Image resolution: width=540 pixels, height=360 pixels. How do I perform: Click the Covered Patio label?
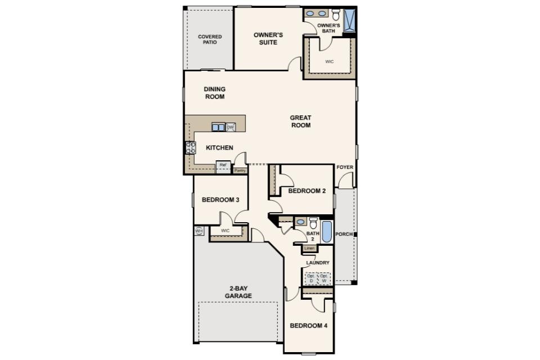click(210, 39)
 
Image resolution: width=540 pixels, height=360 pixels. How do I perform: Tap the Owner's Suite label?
click(268, 39)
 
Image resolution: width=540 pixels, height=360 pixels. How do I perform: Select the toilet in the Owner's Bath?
click(336, 15)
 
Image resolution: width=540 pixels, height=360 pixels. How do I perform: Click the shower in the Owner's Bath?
click(349, 21)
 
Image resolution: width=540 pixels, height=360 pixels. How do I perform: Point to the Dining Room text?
click(214, 93)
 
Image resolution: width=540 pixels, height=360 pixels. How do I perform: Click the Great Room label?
click(300, 121)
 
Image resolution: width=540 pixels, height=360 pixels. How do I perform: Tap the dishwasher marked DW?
click(231, 128)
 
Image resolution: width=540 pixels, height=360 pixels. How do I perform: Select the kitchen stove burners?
click(191, 148)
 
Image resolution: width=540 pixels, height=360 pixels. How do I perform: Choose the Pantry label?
click(240, 170)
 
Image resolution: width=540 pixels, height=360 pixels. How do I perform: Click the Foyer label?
click(345, 167)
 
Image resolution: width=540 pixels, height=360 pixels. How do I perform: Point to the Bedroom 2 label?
click(307, 191)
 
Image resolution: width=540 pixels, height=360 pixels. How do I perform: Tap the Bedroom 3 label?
click(220, 200)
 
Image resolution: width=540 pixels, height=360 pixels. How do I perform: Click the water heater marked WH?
click(199, 231)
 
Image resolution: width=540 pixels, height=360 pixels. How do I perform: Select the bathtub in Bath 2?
click(326, 232)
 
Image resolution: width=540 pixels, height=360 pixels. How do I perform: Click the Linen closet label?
click(309, 249)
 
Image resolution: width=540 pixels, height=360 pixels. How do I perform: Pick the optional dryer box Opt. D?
click(311, 278)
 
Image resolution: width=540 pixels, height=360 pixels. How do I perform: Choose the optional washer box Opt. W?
click(324, 278)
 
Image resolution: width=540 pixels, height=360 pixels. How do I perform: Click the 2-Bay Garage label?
click(238, 292)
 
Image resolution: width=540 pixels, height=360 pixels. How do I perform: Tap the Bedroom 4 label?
click(309, 326)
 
